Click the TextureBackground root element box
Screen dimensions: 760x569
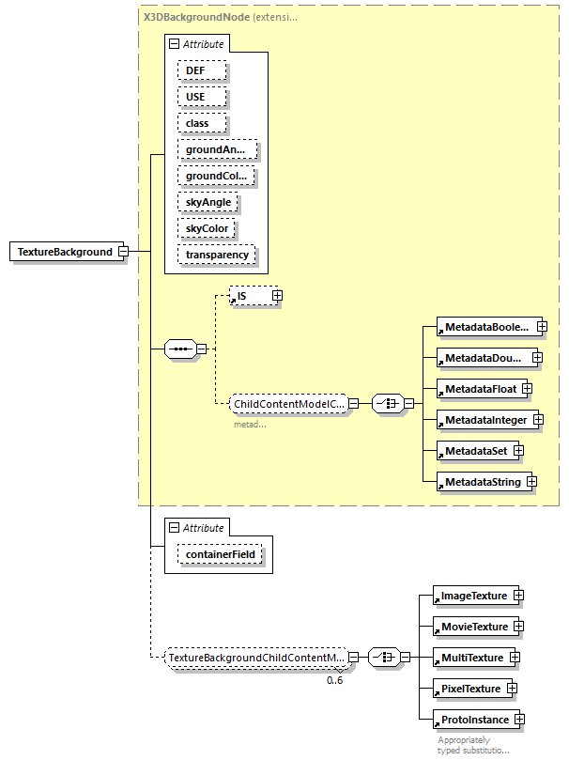[63, 252]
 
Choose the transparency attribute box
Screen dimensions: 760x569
[217, 255]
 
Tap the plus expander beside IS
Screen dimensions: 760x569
[277, 296]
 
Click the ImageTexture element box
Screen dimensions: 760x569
[473, 596]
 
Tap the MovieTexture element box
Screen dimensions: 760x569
[474, 627]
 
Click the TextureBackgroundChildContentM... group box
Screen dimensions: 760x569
[255, 658]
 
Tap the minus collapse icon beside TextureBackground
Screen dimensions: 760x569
[123, 252]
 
